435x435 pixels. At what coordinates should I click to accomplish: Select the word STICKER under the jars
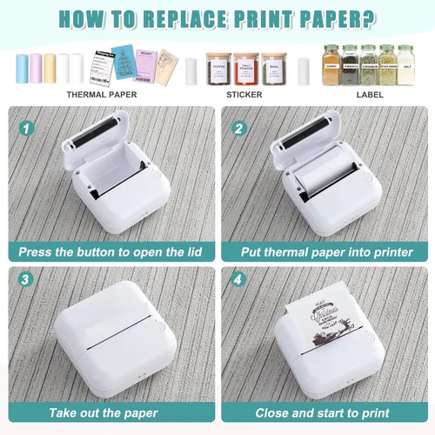[x=244, y=94]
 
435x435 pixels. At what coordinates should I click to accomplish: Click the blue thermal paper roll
[x=23, y=68]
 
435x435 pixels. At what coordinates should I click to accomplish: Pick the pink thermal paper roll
[x=36, y=68]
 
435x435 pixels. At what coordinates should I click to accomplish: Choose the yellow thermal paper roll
[x=50, y=68]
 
